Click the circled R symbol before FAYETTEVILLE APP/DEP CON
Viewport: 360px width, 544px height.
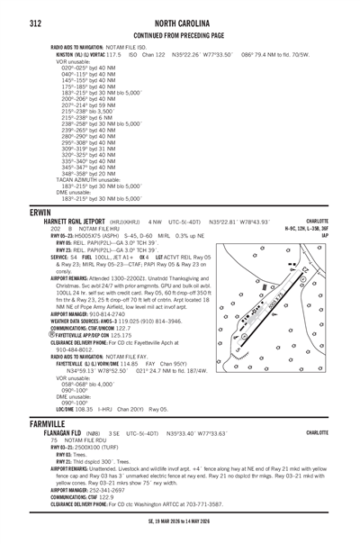52,334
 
